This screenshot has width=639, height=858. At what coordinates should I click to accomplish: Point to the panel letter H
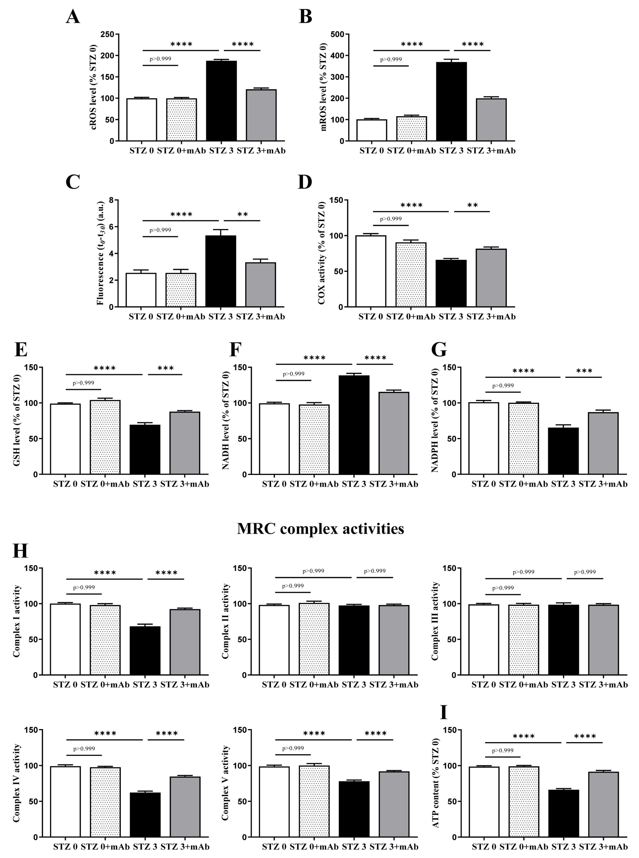20,551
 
